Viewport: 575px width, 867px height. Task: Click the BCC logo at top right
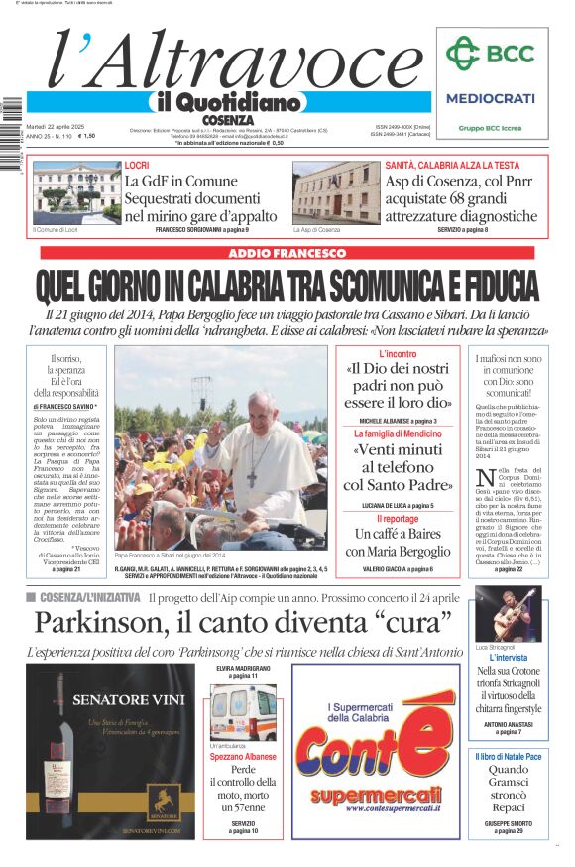(x=490, y=53)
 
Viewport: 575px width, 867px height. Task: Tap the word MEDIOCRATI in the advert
(x=490, y=98)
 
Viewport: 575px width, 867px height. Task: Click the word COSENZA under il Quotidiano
(x=226, y=120)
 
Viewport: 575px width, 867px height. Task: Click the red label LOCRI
(x=137, y=165)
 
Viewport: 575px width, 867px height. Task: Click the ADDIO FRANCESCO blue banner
(x=287, y=254)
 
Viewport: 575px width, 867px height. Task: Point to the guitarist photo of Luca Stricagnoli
(x=509, y=612)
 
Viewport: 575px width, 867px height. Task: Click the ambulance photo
(x=243, y=711)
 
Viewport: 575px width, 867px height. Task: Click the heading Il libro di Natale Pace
(x=509, y=757)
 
